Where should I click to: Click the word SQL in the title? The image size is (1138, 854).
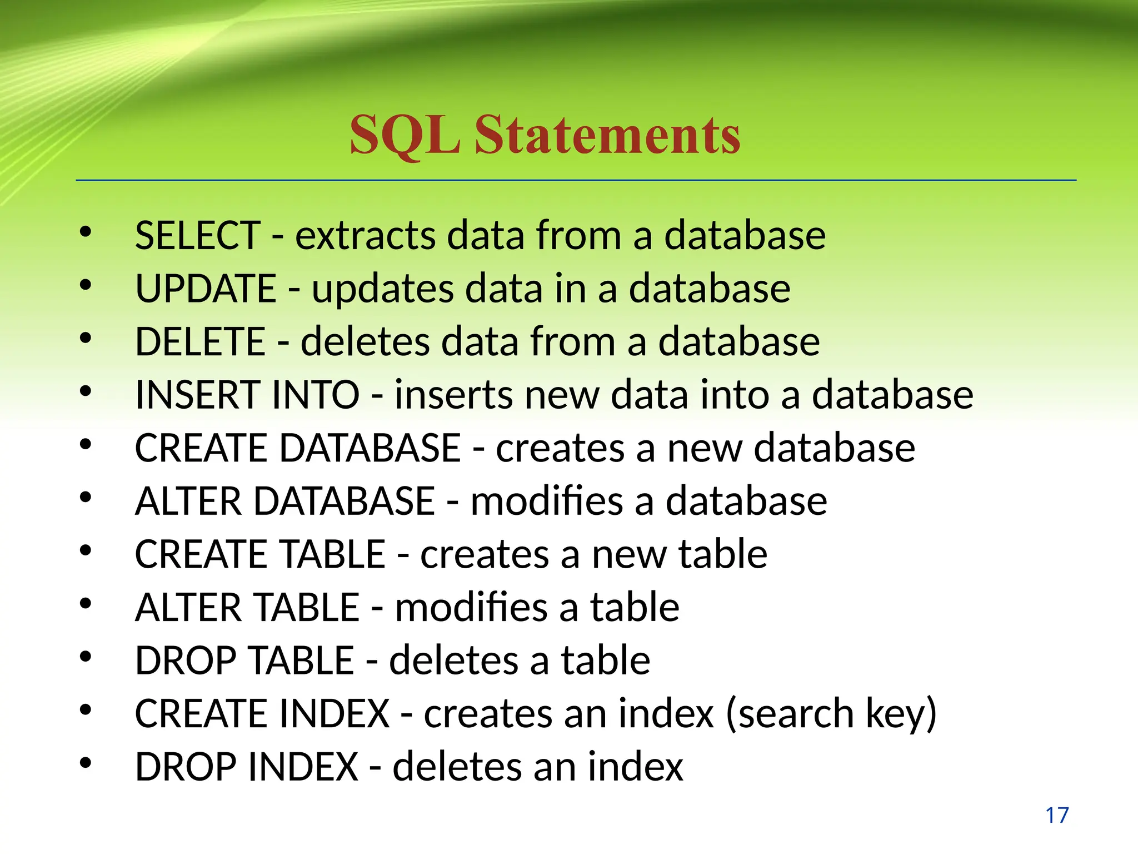(405, 135)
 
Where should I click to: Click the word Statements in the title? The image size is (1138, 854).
(607, 135)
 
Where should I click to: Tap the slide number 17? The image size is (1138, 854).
(1057, 816)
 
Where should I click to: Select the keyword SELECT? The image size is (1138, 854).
(198, 235)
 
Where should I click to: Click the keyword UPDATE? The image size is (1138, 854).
(206, 289)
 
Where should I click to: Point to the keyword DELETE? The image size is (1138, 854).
(200, 341)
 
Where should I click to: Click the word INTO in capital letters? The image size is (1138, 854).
(308, 395)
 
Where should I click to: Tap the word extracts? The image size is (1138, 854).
(365, 235)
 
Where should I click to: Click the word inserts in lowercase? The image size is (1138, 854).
(453, 395)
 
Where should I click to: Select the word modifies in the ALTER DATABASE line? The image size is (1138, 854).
(547, 501)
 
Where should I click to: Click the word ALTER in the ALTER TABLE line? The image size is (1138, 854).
(188, 607)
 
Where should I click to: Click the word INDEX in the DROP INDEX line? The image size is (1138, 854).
(303, 767)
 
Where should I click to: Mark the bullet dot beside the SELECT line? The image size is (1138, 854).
(85, 232)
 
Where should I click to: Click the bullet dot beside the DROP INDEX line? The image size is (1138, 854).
(85, 763)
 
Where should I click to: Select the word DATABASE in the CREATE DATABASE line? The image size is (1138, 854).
(370, 448)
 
